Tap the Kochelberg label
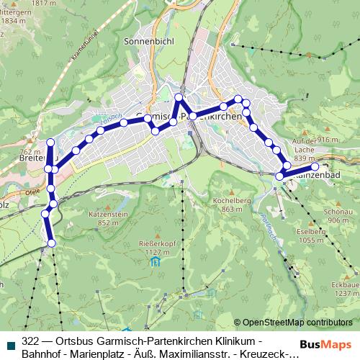[230, 200]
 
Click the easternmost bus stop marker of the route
[315, 166]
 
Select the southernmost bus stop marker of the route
[51, 245]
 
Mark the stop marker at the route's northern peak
[179, 97]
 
